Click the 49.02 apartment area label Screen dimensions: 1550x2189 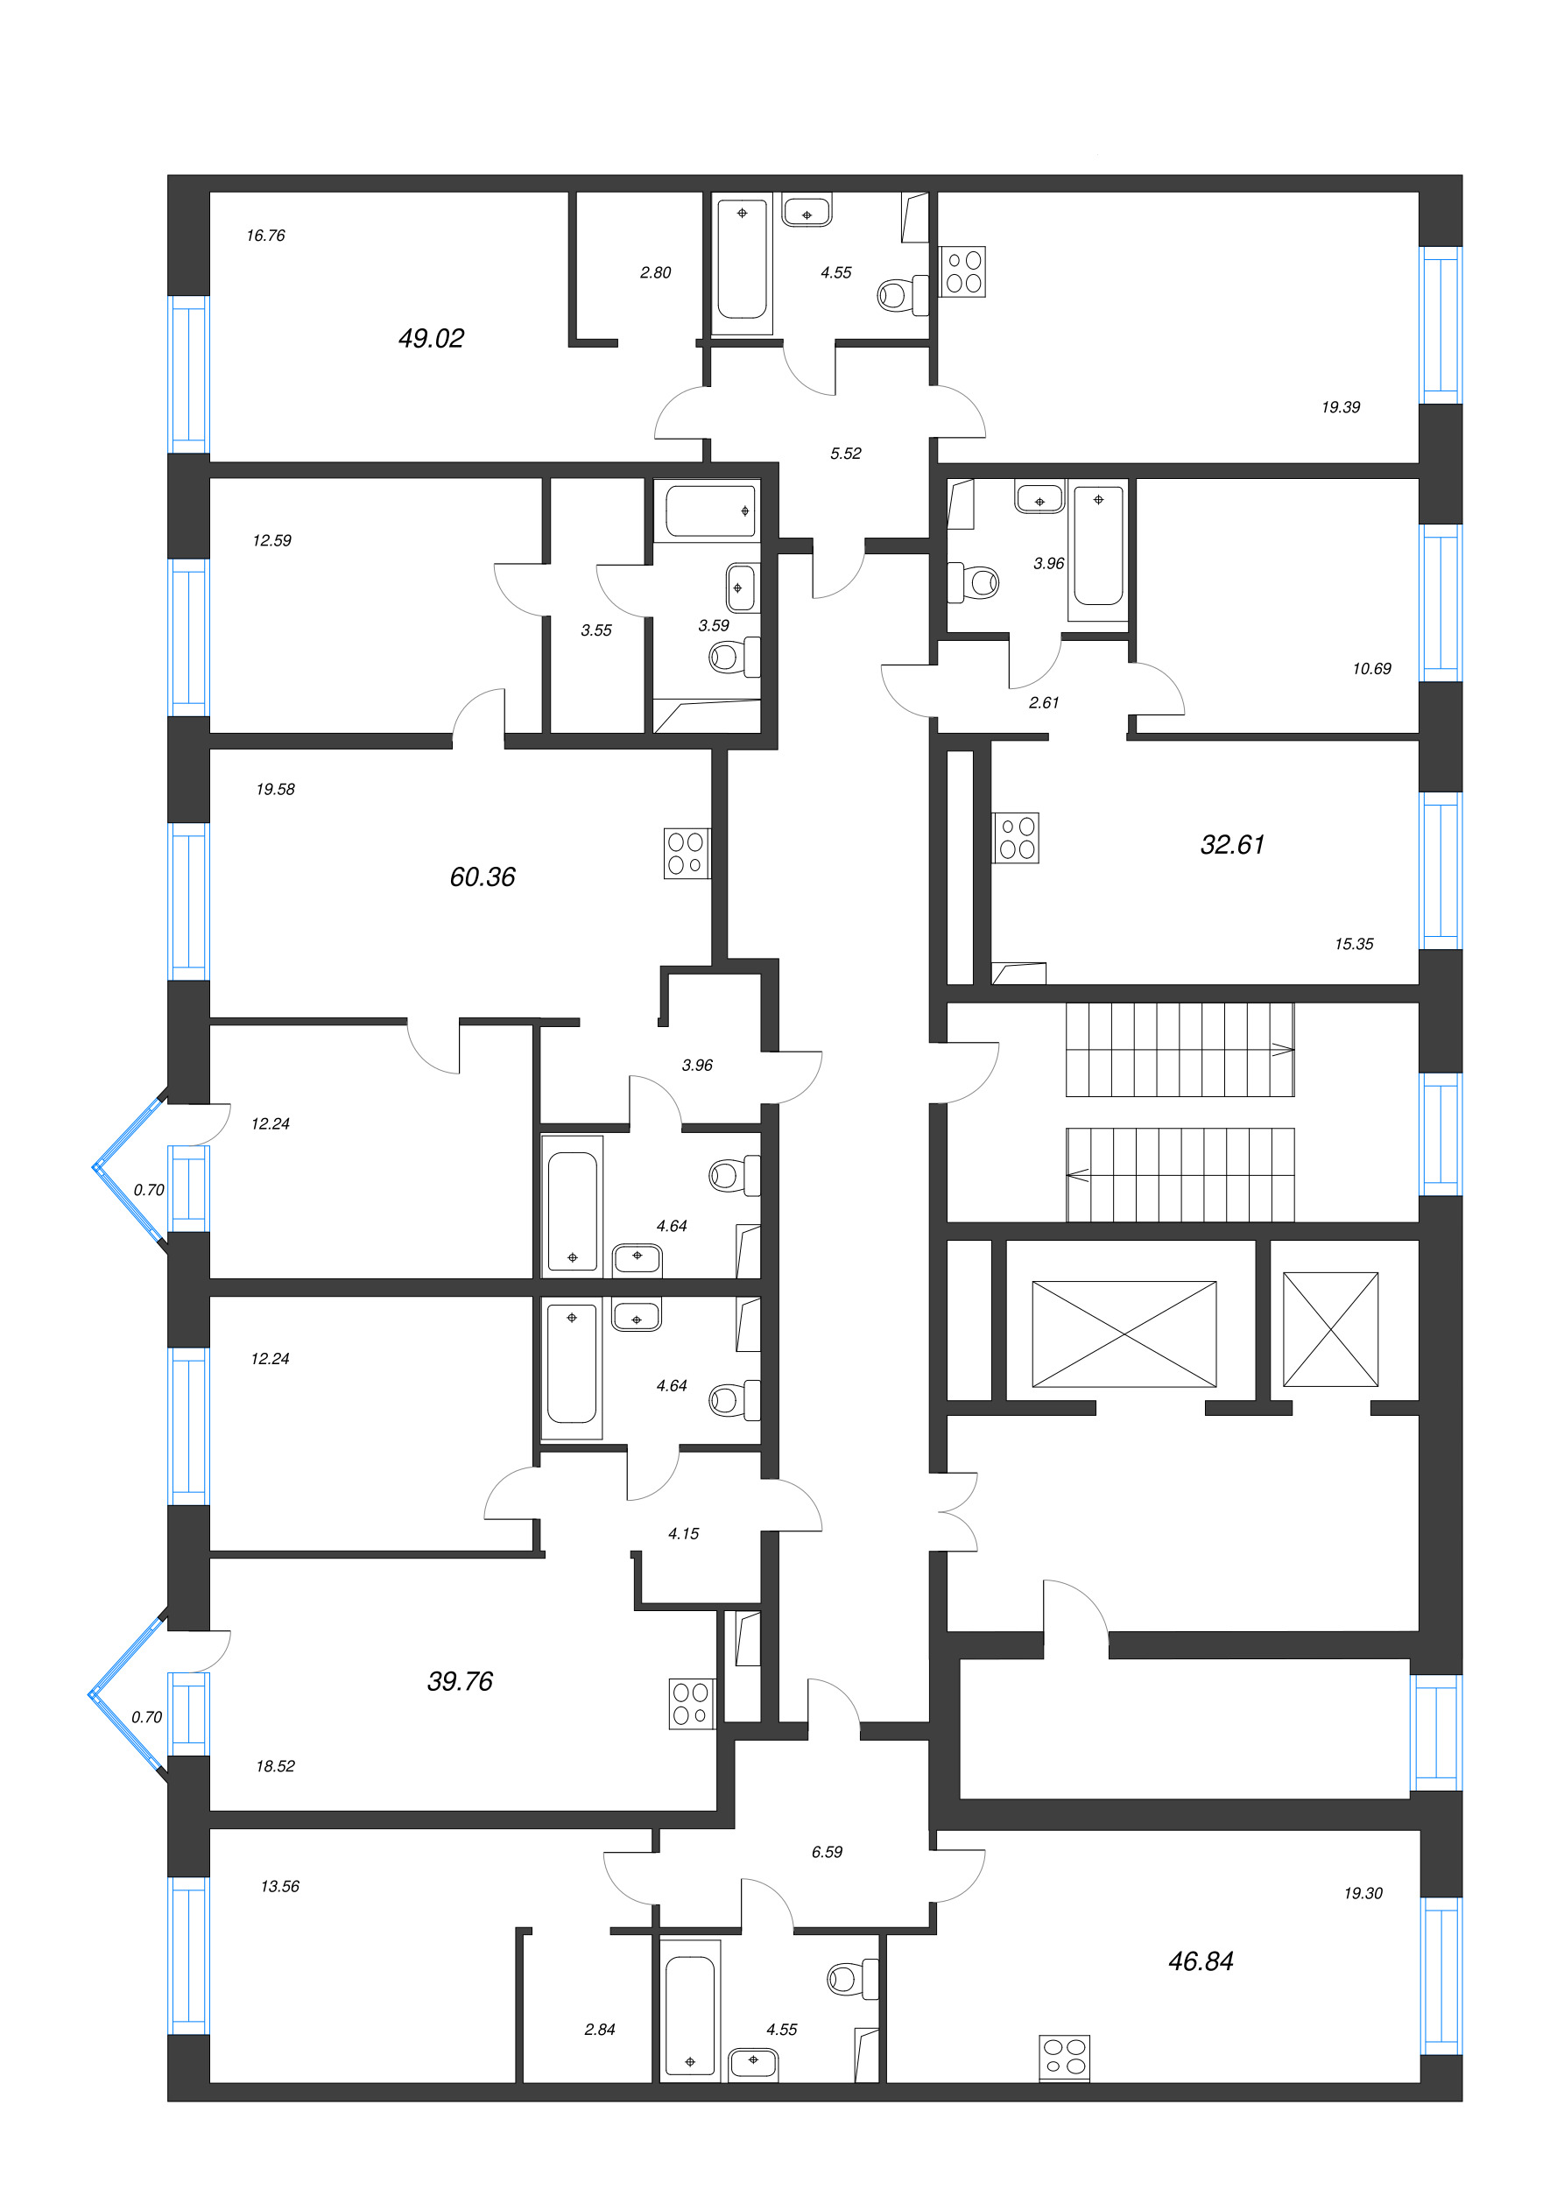coord(431,338)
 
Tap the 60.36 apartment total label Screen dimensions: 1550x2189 coord(482,876)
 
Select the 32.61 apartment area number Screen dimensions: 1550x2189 coord(1232,843)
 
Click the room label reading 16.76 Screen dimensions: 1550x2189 coord(265,235)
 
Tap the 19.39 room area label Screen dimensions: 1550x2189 coord(1340,406)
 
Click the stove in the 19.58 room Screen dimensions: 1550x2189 coord(687,853)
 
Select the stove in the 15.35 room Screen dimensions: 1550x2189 coord(1016,838)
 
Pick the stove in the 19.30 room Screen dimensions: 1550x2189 coord(1064,2057)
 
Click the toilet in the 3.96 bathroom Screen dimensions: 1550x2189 coord(973,582)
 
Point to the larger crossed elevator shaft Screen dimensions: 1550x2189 coord(1124,1333)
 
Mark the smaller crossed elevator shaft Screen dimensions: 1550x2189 coord(1330,1328)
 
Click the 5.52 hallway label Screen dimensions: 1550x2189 coord(846,454)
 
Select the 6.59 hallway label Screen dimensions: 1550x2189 coord(827,1851)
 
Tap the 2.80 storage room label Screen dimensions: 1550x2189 coord(655,272)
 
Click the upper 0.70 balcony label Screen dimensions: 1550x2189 coord(149,1189)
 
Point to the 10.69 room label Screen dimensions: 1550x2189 coord(1371,668)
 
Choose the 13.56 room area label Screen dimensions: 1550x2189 coord(279,1885)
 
